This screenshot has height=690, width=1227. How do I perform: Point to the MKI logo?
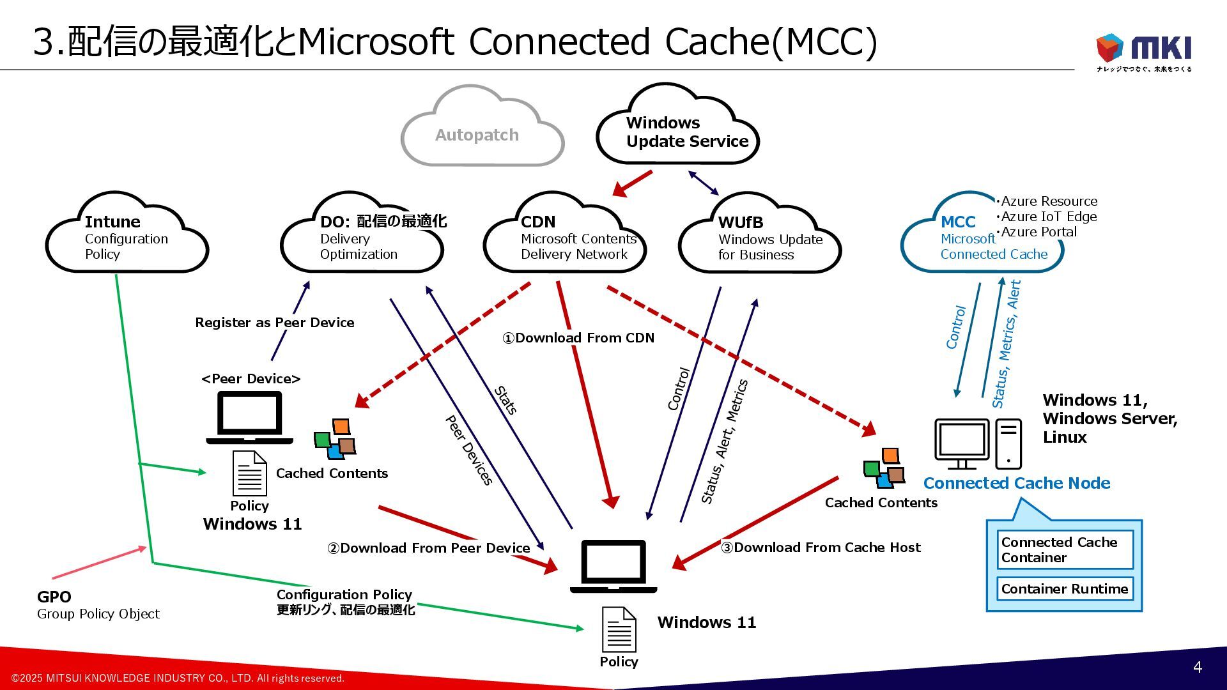pos(1144,50)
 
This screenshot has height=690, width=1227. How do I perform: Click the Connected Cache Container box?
pos(1065,549)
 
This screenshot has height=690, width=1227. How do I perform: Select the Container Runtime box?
pos(1065,588)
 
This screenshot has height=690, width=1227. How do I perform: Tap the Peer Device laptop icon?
pos(250,417)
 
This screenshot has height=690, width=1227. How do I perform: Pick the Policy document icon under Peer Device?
pos(249,473)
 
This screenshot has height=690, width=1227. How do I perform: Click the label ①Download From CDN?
pos(578,338)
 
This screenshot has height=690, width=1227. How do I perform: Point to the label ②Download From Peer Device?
pos(429,548)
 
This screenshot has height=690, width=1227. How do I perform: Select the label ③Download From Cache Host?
pos(821,548)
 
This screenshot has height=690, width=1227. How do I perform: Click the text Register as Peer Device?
pos(275,323)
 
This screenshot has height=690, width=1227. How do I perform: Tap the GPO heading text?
pos(54,597)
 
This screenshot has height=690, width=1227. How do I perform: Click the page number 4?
pos(1197,667)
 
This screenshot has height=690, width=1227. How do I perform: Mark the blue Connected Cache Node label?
pos(1016,483)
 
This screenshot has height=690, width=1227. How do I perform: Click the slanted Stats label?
pos(505,401)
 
